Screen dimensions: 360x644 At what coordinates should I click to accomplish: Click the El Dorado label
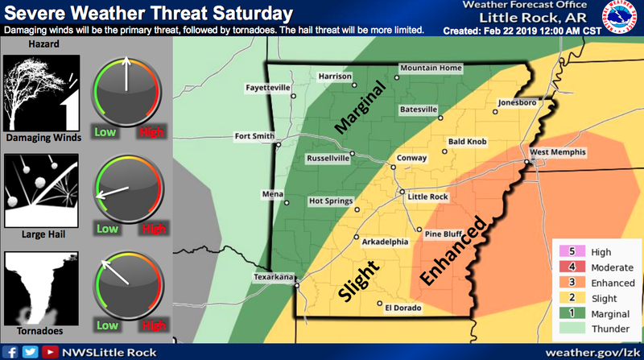click(404, 306)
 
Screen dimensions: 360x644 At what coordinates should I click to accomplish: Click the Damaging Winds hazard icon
click(40, 95)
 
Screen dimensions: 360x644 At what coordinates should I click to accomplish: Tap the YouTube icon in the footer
click(50, 352)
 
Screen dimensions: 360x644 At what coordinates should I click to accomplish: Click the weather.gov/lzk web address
click(592, 352)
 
